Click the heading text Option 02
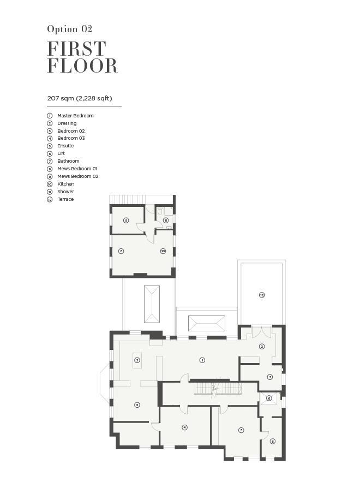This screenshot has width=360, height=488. click(70, 29)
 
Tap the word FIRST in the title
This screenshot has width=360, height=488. click(77, 49)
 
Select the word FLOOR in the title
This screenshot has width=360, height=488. click(82, 66)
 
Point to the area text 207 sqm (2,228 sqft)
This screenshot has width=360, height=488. click(80, 98)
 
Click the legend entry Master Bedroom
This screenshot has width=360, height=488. click(75, 116)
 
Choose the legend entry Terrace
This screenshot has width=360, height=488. click(65, 199)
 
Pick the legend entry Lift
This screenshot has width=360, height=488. click(61, 153)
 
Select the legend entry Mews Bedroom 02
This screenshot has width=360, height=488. click(77, 176)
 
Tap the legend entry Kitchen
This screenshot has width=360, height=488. click(65, 184)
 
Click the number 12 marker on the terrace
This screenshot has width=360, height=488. click(262, 295)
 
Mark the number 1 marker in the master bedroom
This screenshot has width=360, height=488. click(202, 360)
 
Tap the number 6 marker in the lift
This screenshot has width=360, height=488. click(269, 398)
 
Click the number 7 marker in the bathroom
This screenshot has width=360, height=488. click(270, 377)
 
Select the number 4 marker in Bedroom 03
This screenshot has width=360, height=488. click(185, 427)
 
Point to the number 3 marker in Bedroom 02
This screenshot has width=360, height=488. click(241, 430)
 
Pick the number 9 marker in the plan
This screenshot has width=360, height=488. click(126, 221)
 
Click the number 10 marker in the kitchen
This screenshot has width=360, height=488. click(163, 251)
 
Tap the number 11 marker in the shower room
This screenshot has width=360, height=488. click(166, 221)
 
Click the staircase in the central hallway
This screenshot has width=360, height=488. click(218, 389)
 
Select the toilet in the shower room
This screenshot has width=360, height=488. click(159, 211)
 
